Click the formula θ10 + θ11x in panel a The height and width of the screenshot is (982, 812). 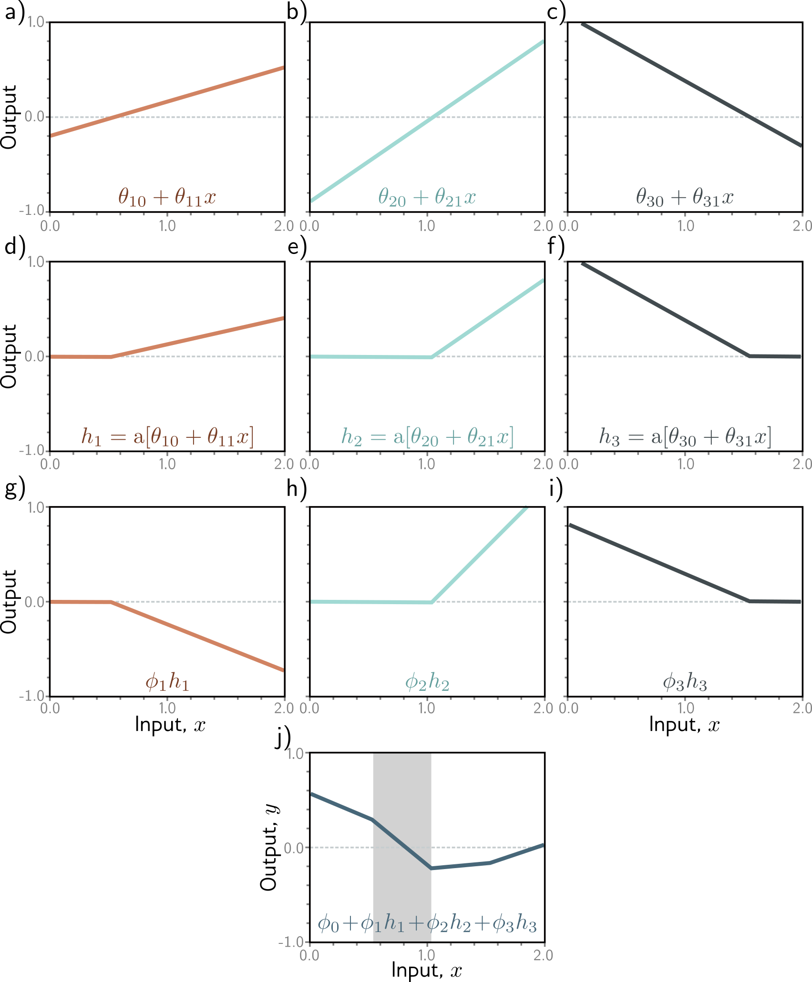[x=167, y=197]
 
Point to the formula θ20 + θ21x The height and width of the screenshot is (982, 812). [x=427, y=197]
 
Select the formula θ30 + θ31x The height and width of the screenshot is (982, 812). [x=685, y=197]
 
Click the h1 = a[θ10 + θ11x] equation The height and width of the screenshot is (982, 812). [x=167, y=436]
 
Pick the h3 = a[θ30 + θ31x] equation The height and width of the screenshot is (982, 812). [x=685, y=436]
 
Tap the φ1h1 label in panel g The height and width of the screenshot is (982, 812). [x=167, y=682]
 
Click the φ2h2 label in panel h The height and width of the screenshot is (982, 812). [x=427, y=682]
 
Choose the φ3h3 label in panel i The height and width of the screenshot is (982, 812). [x=685, y=682]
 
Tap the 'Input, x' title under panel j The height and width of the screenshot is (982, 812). [x=427, y=970]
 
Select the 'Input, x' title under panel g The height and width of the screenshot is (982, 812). [x=170, y=724]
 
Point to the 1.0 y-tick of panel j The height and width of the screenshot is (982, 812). [x=296, y=753]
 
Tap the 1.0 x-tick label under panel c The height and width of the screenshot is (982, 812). [x=686, y=226]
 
